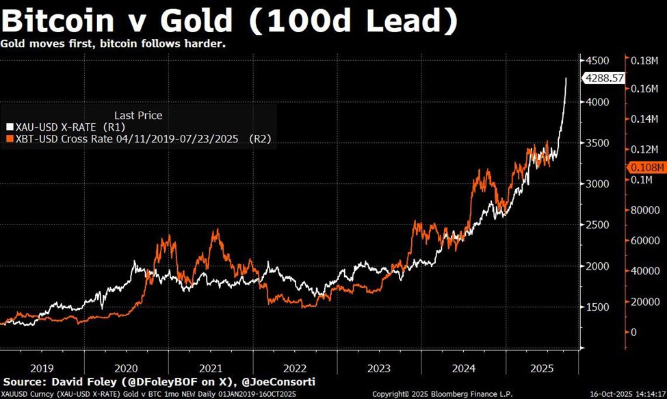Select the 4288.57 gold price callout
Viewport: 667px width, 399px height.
tap(604, 79)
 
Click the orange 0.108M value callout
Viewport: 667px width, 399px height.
tap(646, 166)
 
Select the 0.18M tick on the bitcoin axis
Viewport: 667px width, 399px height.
tap(647, 60)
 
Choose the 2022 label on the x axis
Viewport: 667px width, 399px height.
tap(295, 368)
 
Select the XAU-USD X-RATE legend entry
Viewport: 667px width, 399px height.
tap(66, 127)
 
